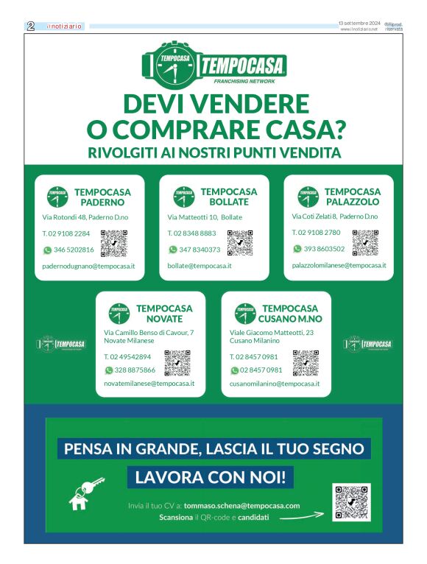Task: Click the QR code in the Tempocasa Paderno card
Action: (114, 242)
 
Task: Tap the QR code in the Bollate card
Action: (240, 242)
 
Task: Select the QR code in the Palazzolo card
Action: (365, 242)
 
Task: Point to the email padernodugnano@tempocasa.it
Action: (83, 265)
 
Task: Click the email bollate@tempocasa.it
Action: (200, 265)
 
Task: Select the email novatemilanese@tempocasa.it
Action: (149, 384)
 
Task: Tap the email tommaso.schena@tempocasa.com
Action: (241, 506)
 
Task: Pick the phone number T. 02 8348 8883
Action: (191, 233)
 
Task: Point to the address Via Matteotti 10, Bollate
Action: (205, 217)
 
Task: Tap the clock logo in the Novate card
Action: (119, 314)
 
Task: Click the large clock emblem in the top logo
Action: (171, 65)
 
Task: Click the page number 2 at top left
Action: (31, 26)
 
